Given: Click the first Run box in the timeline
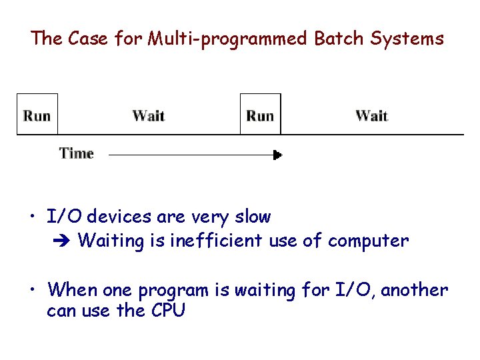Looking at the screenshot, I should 37,115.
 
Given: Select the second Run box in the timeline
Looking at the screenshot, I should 260,115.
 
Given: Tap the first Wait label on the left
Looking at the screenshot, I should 148,115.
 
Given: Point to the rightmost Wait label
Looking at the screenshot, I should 371,115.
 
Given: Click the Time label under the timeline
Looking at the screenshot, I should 77,153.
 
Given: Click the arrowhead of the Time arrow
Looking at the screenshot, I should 277,155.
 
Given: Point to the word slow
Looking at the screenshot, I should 252,217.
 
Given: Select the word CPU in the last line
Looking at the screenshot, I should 168,310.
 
